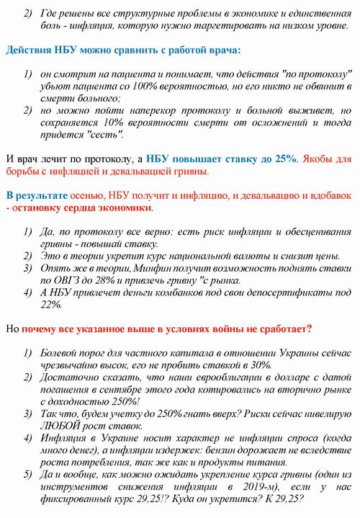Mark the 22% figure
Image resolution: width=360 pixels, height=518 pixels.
tap(51, 305)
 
